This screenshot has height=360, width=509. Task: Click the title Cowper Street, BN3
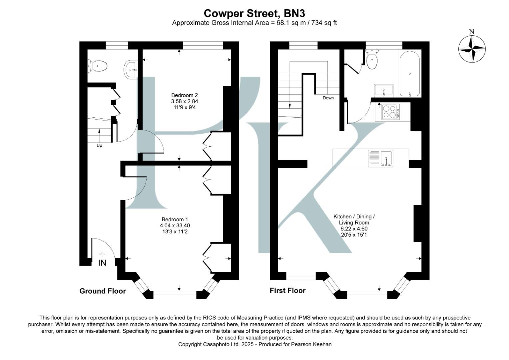pyautogui.click(x=254, y=13)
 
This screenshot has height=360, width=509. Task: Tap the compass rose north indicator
pyautogui.click(x=472, y=48)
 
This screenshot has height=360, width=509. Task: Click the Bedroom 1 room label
pyautogui.click(x=175, y=219)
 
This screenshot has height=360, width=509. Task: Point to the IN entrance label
pyautogui.click(x=102, y=263)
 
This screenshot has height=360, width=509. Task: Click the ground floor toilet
pyautogui.click(x=98, y=66)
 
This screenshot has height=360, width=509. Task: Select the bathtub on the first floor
pyautogui.click(x=409, y=73)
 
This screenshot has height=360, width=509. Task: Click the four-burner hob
pyautogui.click(x=390, y=112)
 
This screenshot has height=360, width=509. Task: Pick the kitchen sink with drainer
pyautogui.click(x=380, y=158)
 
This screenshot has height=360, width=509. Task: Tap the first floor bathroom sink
pyautogui.click(x=384, y=90)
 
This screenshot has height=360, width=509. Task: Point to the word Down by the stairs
pyautogui.click(x=328, y=98)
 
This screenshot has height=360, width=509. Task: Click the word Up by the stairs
pyautogui.click(x=99, y=146)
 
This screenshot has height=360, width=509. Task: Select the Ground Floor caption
pyautogui.click(x=103, y=291)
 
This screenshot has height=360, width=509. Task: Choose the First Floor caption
pyautogui.click(x=287, y=291)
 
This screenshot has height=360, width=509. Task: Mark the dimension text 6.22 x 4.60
pyautogui.click(x=354, y=229)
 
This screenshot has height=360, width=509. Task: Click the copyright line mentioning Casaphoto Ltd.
pyautogui.click(x=255, y=344)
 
